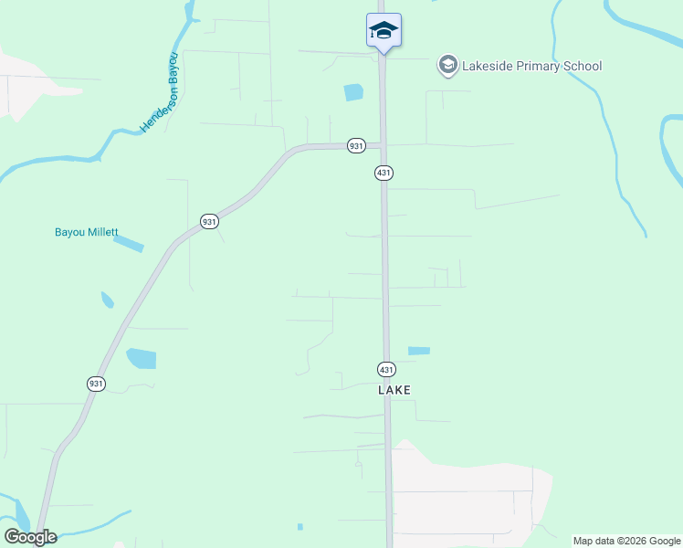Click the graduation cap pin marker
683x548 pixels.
pyautogui.click(x=384, y=31)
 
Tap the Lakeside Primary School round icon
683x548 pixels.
pyautogui.click(x=447, y=65)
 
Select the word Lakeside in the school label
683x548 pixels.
pyautogui.click(x=489, y=66)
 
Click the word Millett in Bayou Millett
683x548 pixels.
pyautogui.click(x=103, y=232)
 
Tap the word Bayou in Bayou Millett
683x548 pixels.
pyautogui.click(x=70, y=232)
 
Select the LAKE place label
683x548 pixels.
pyautogui.click(x=394, y=390)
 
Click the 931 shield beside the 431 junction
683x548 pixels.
pyautogui.click(x=356, y=145)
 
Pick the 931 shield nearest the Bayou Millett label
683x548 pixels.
pyautogui.click(x=209, y=222)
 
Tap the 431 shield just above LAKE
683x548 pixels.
pyautogui.click(x=386, y=369)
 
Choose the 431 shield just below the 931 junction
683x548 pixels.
pyautogui.click(x=384, y=173)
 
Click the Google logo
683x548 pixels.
pyautogui.click(x=30, y=537)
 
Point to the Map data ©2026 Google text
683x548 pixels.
pyautogui.click(x=626, y=541)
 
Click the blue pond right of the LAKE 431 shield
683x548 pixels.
pyautogui.click(x=418, y=351)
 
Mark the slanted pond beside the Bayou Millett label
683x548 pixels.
pyautogui.click(x=129, y=244)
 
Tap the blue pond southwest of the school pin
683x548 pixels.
pyautogui.click(x=352, y=92)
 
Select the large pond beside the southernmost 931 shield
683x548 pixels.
pyautogui.click(x=141, y=359)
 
